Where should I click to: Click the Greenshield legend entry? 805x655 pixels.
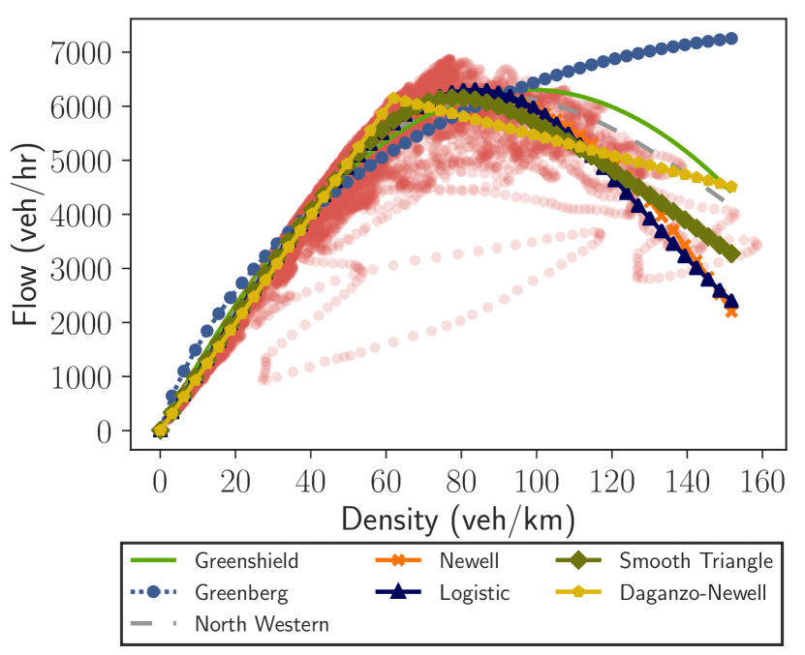tap(246, 560)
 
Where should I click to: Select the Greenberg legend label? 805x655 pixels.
tap(242, 592)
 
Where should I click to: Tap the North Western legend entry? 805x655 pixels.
tap(262, 624)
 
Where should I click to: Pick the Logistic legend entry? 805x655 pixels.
tap(474, 592)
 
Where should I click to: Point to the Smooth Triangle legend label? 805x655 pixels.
tap(696, 560)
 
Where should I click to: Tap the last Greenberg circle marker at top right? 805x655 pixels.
tap(732, 39)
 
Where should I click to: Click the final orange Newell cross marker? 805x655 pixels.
tap(731, 312)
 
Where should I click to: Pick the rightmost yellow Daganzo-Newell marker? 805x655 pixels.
tap(732, 187)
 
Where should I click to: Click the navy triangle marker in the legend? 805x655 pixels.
tap(397, 592)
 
